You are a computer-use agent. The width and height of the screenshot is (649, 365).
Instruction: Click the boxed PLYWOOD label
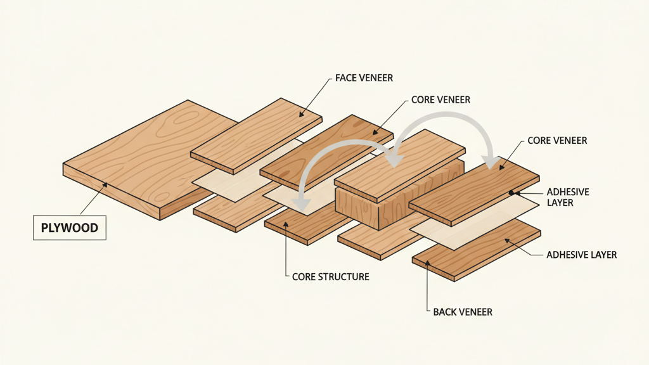coord(69,227)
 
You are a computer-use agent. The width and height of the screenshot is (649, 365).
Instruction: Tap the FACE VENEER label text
coord(364,78)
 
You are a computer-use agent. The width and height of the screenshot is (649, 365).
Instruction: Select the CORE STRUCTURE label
coord(331,277)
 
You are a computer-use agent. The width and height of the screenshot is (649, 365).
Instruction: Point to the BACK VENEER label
coord(463,312)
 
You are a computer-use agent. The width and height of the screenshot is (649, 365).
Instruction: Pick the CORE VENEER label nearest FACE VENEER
coord(440,100)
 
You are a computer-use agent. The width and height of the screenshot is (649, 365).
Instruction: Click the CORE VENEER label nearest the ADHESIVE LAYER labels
coord(557,140)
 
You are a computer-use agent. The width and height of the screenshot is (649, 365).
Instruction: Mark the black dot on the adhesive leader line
coord(510,191)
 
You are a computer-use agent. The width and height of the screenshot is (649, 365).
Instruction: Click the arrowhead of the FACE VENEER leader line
coord(300,116)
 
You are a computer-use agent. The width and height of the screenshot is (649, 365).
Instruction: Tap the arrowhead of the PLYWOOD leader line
coord(108,184)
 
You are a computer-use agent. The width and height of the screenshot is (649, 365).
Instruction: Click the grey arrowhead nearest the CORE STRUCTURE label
coord(302,205)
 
